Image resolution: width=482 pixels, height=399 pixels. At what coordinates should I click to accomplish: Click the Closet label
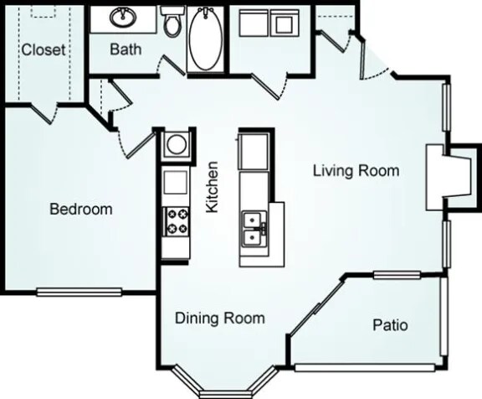[x=44, y=49]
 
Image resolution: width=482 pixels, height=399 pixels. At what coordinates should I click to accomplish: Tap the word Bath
[x=126, y=49]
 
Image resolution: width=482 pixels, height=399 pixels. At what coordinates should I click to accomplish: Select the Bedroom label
[x=80, y=209]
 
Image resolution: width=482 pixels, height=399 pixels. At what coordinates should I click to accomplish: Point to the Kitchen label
[x=213, y=186]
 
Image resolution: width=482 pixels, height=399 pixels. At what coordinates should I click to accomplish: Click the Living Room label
[x=356, y=171]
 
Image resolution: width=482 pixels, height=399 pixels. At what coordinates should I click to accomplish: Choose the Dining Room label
[x=219, y=318]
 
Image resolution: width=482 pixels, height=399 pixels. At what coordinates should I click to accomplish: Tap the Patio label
[x=389, y=324]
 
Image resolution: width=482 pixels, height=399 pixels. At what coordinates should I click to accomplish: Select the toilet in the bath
[x=172, y=23]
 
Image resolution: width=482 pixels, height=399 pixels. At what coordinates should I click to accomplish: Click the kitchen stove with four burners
[x=177, y=220]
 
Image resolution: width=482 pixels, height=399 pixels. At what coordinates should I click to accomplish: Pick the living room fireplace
[x=441, y=177]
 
